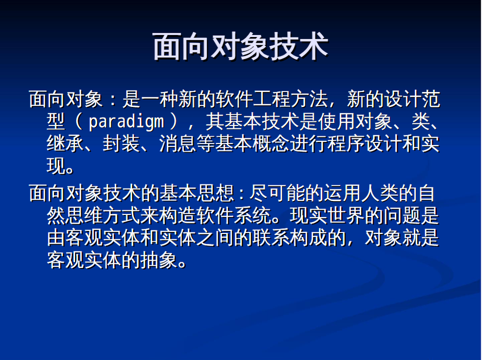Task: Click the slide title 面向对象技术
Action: (x=240, y=47)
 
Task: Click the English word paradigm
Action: (x=126, y=121)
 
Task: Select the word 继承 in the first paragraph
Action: (x=65, y=143)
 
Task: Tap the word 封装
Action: (x=121, y=143)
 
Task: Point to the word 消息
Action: (x=178, y=143)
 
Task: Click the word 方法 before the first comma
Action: (x=309, y=99)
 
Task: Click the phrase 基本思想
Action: (x=197, y=193)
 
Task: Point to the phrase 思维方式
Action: (x=102, y=215)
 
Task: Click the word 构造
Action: (x=178, y=215)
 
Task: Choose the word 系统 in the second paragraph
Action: (x=252, y=215)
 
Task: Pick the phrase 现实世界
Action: (x=327, y=215)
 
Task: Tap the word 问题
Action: (x=402, y=215)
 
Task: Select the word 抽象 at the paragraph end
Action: (x=159, y=260)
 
